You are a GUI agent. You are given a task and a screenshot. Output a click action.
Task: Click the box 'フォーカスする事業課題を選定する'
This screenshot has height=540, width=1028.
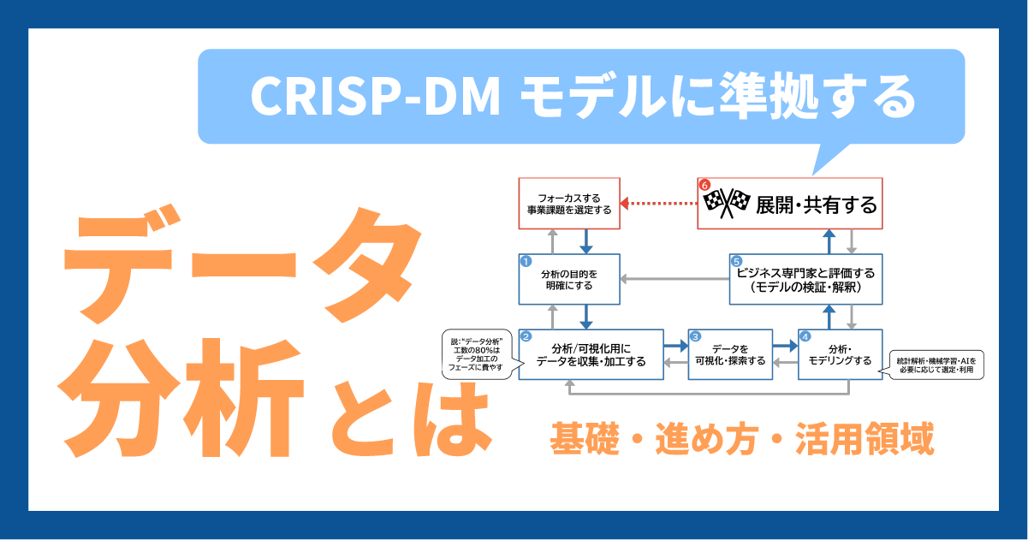click(569, 203)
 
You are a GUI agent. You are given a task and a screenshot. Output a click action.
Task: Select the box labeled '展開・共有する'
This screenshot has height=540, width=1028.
click(790, 203)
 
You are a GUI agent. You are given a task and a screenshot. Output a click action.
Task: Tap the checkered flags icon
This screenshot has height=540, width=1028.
click(727, 203)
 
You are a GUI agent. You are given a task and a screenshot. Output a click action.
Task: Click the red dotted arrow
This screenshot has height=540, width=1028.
click(658, 203)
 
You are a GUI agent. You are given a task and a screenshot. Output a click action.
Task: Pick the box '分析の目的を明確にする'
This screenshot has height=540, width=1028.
click(569, 279)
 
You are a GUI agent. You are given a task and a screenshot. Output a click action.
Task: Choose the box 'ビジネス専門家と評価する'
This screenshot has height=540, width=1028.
click(805, 279)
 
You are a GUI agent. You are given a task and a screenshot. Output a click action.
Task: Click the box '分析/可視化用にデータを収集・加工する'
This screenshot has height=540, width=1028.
click(591, 354)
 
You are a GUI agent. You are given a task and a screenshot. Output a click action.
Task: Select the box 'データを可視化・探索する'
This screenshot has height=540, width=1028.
click(730, 354)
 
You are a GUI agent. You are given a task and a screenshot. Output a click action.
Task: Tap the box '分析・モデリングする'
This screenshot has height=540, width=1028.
click(841, 354)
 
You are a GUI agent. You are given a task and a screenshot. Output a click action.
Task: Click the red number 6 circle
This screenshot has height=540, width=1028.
click(704, 185)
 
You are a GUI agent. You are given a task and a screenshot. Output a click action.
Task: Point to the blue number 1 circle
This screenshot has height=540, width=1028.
click(526, 261)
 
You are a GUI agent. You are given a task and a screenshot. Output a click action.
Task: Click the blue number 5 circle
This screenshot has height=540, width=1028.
click(737, 261)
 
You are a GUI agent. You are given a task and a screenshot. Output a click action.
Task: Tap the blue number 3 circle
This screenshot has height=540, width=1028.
click(695, 337)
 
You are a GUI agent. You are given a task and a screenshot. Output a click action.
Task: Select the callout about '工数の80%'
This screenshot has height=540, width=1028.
click(478, 354)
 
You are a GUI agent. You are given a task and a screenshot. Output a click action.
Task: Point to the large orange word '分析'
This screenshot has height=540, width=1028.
click(181, 398)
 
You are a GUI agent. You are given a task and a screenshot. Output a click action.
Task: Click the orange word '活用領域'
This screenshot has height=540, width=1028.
click(865, 439)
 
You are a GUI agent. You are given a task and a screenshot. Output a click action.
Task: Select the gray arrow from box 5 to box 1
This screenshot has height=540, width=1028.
click(674, 279)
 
